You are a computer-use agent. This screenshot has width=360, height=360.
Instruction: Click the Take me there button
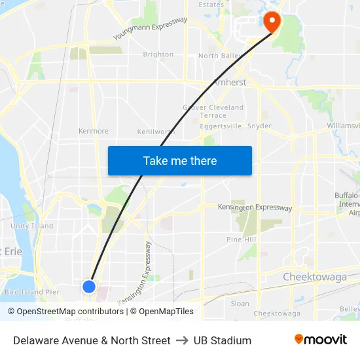point(180,161)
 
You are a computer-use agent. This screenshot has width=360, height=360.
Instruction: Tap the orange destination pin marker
point(272,23)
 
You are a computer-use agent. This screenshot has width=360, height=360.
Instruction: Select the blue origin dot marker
point(89,286)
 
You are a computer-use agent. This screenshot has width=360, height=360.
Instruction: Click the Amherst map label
point(229,82)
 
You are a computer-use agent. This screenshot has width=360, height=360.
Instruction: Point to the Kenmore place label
point(94,131)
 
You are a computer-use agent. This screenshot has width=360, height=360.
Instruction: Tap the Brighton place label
point(158,54)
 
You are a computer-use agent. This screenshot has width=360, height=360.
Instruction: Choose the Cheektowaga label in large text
point(314,277)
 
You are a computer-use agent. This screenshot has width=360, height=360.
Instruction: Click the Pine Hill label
point(241,240)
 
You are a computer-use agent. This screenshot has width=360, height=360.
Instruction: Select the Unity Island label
point(32,226)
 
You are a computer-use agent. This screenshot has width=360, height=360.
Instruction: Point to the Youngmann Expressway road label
point(150,28)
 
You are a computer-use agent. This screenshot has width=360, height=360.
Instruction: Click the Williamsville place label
point(343,125)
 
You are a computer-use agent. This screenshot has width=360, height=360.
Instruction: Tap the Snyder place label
point(260,126)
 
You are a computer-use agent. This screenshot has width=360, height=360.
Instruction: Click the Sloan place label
point(240,303)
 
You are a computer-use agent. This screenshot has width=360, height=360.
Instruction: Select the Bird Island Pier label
point(31,292)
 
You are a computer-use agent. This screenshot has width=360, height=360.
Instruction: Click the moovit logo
point(320,340)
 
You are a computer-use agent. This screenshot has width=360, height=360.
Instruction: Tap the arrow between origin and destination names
point(182,340)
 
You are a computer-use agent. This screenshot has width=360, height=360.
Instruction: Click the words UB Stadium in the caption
point(223,340)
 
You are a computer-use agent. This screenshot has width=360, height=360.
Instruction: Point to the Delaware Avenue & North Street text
point(92,340)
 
